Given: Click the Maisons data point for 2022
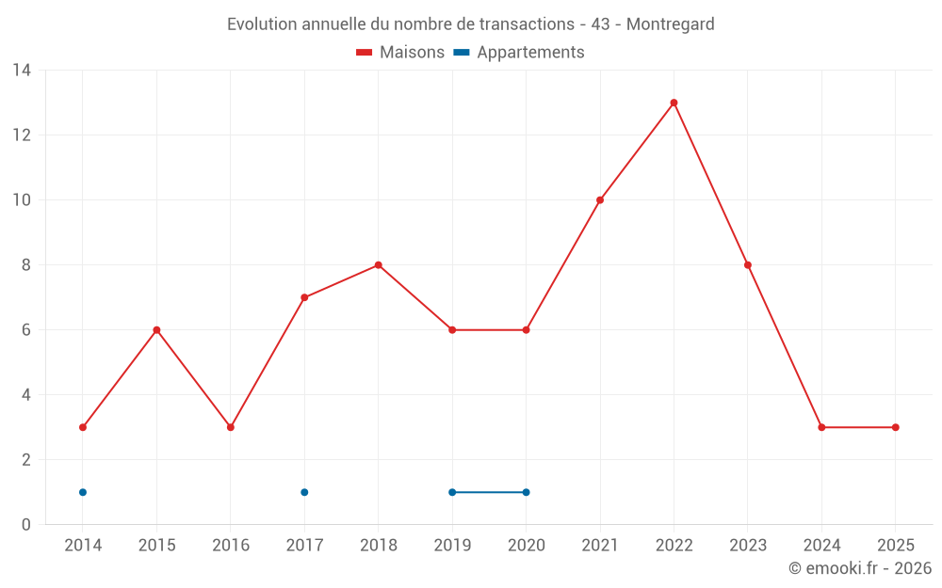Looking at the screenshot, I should click(x=674, y=103).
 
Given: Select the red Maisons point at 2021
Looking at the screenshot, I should click(x=600, y=199).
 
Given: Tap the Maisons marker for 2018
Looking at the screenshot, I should click(x=378, y=265).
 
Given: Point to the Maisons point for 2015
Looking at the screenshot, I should click(x=156, y=330).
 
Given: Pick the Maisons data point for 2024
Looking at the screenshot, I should click(x=821, y=427).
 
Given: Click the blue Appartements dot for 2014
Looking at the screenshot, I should click(x=83, y=492).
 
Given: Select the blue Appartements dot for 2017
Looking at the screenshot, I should click(x=304, y=492).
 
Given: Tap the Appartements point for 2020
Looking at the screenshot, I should click(x=526, y=492).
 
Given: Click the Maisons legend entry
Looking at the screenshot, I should click(x=400, y=53).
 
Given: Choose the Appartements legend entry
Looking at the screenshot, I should click(x=519, y=53).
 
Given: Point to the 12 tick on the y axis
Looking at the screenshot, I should click(x=22, y=135).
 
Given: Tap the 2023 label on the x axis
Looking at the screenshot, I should click(x=748, y=546).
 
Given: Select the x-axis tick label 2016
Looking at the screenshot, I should click(x=231, y=546).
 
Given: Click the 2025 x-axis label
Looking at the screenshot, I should click(x=896, y=546).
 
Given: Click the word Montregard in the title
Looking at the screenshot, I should click(x=670, y=24).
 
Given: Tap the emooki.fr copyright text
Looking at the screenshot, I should click(x=860, y=568).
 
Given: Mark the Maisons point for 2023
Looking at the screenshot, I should click(x=748, y=265).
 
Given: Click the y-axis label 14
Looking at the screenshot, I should click(x=22, y=71).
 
